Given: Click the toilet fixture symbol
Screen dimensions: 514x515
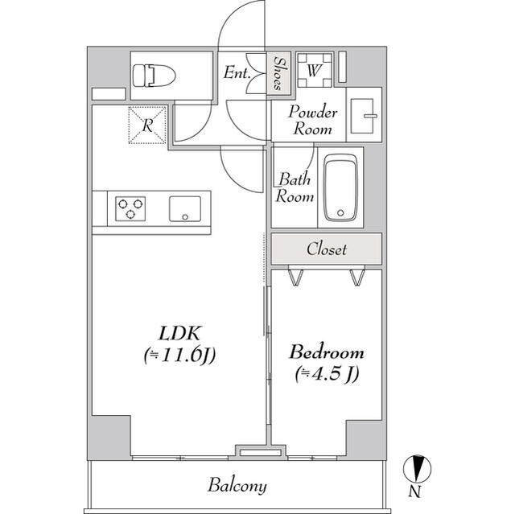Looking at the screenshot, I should [152, 76].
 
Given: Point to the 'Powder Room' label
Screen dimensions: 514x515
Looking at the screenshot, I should [313, 120].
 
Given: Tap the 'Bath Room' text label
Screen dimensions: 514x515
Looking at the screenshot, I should [295, 187].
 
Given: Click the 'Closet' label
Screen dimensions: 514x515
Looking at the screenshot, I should [326, 249].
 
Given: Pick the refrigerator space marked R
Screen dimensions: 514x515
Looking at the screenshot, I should [147, 125].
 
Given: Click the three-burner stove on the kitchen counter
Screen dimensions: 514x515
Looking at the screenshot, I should [130, 210].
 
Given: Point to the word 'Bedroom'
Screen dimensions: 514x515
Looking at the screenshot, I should [326, 352].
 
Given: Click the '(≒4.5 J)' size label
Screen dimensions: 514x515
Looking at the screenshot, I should [326, 373].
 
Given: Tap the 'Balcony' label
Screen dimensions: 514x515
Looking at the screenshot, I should [237, 486].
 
